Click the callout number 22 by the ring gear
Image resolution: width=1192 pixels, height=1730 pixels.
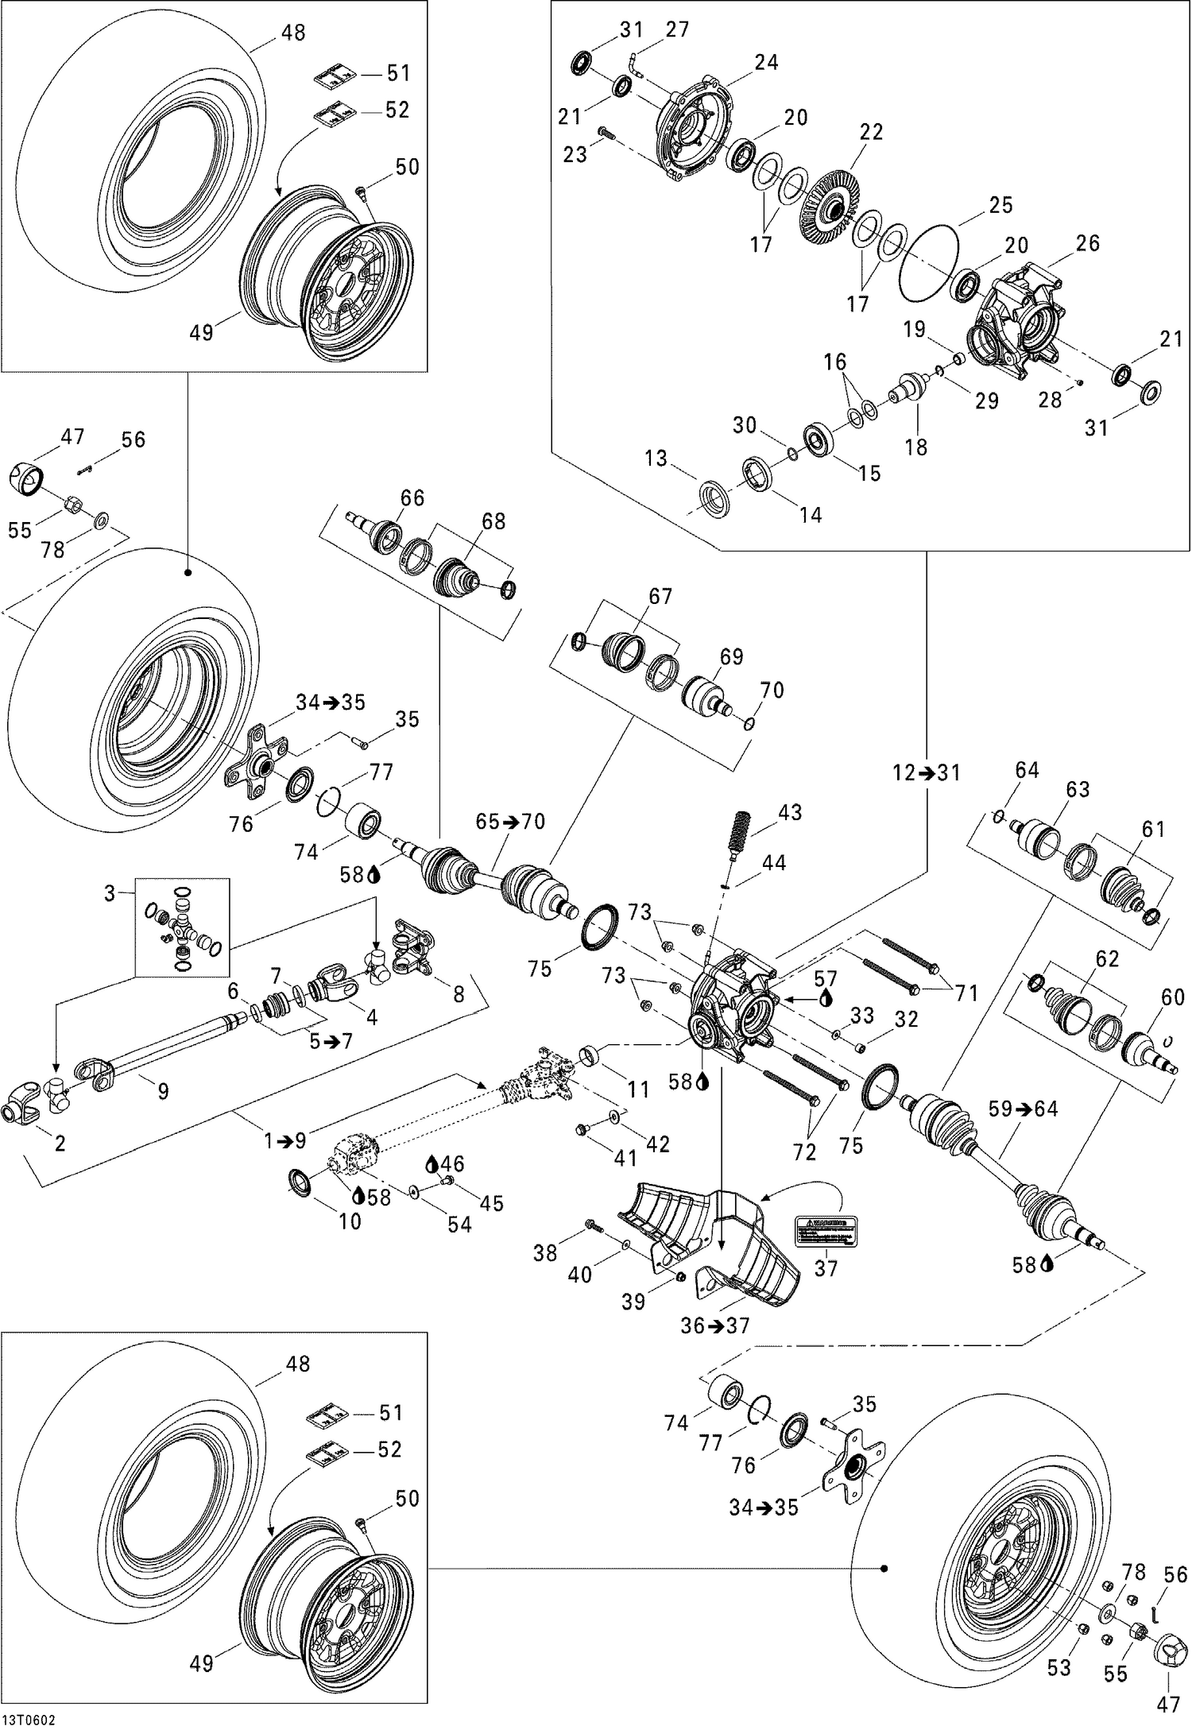click(871, 132)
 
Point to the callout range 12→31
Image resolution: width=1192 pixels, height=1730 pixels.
click(926, 772)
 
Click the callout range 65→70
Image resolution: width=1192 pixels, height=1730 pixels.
click(510, 821)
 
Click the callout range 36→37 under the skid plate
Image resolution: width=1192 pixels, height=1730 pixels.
click(715, 1326)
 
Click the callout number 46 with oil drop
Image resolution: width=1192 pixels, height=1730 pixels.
click(453, 1164)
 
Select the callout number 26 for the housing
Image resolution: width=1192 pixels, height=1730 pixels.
click(1087, 243)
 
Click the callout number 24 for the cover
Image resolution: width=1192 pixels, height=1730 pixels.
click(766, 62)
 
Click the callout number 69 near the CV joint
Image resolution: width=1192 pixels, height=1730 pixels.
click(731, 656)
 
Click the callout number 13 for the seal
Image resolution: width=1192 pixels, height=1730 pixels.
click(656, 459)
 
